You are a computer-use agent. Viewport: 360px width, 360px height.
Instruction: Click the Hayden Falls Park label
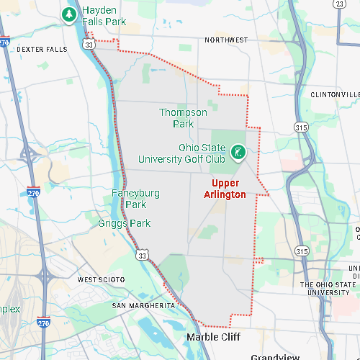[104, 16]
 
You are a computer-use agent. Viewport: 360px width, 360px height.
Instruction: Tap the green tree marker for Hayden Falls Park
[69, 14]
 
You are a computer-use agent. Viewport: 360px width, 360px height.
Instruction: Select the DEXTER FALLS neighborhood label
[42, 49]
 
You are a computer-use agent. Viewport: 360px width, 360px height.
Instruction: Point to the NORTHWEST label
[225, 40]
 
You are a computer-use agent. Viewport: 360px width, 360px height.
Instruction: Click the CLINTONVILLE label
[335, 95]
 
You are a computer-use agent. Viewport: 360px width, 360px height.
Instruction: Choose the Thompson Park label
[183, 118]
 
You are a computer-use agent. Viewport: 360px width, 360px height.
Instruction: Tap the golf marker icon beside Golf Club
[237, 152]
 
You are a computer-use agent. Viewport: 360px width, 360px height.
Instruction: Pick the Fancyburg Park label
[135, 199]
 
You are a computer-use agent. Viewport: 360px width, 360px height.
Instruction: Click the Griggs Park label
[125, 223]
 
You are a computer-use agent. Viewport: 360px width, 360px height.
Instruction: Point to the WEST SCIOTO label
[102, 279]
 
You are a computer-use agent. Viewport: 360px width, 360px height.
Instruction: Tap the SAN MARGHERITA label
[143, 306]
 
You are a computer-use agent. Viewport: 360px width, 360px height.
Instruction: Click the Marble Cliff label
[212, 337]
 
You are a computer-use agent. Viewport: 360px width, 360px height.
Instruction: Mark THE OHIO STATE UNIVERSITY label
[330, 288]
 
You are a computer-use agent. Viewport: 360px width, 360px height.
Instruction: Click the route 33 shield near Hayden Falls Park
[88, 45]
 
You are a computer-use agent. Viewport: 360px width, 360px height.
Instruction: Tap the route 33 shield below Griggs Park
[143, 255]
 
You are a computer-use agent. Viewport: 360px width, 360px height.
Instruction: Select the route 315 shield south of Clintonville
[300, 127]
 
